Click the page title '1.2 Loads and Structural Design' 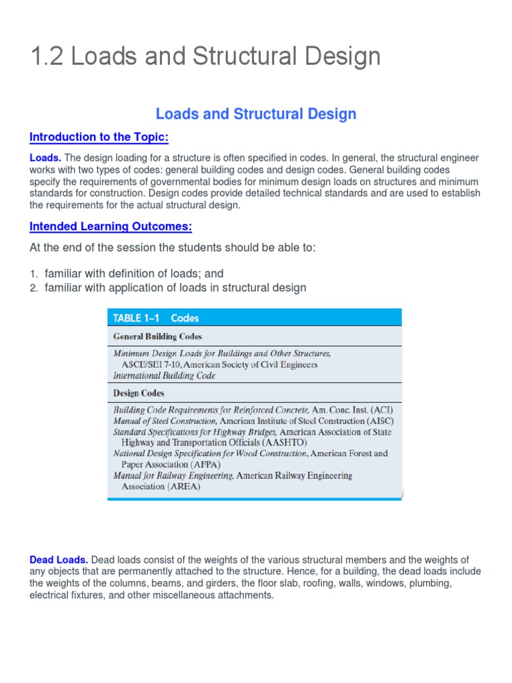coord(205,57)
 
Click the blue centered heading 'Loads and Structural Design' coord(256,114)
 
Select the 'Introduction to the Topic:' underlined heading coord(99,137)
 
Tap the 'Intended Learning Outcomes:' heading coord(111,227)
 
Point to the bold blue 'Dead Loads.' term coord(59,560)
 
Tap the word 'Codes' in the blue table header coord(185,318)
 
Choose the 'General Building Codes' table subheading coord(157,337)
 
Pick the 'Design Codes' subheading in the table coord(139,393)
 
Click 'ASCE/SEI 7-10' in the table coord(151,365)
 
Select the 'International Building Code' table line coord(164,376)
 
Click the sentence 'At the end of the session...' coord(173,248)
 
